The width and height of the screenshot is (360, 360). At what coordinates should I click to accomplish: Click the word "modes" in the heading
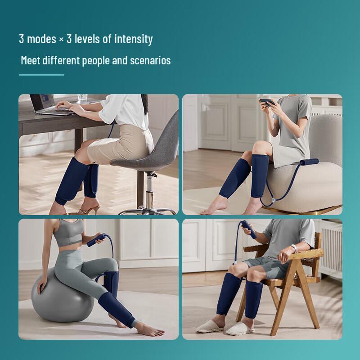pos(41,39)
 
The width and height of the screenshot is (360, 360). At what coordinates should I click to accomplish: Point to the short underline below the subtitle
pos(41,75)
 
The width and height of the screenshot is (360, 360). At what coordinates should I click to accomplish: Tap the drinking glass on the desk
pos(82,98)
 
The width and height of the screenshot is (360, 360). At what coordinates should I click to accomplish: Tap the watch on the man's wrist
pos(294,248)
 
